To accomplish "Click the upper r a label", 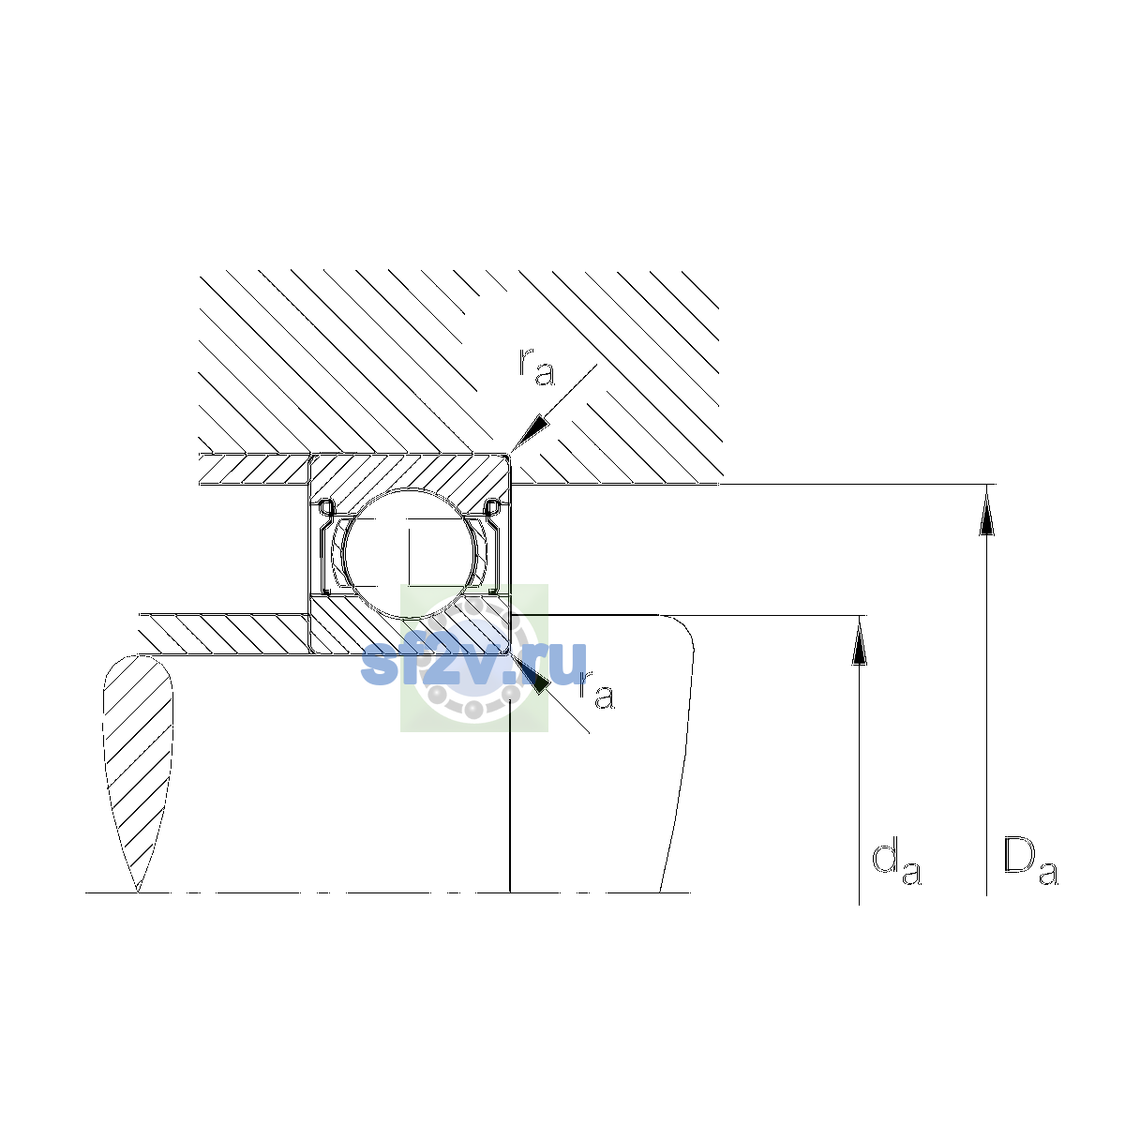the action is [x=536, y=367].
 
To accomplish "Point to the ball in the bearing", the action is [x=411, y=553].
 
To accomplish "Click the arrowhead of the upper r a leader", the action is [x=530, y=434].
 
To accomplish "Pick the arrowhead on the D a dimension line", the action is [x=986, y=510].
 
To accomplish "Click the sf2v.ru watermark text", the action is [x=473, y=665].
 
